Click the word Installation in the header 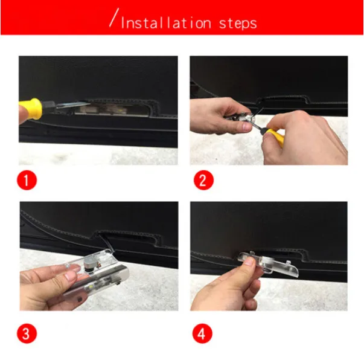pos(166,23)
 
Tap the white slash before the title pos(113,18)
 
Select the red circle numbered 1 pos(27,180)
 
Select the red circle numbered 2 pos(203,180)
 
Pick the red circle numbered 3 pos(27,333)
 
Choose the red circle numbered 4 pos(202,333)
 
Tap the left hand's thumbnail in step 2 pos(247,126)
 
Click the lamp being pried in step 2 pos(241,117)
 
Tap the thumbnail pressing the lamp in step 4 pos(249,262)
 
